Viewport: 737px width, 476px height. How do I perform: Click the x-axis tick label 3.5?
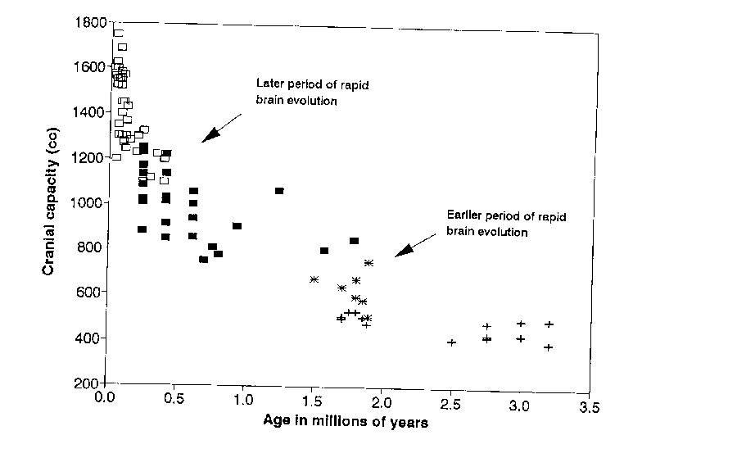point(588,406)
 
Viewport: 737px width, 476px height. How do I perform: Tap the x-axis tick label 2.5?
point(450,405)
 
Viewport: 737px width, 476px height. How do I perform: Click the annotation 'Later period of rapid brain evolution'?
point(297,92)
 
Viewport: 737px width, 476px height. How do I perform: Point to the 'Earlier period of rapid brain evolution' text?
point(506,224)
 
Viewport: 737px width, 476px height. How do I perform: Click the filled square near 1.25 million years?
point(279,191)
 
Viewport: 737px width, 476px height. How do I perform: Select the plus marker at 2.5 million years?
point(451,342)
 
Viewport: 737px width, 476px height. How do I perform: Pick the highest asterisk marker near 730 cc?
point(368,263)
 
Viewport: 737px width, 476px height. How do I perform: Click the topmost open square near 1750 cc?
point(118,34)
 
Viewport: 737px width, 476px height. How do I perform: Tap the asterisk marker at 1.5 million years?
point(314,279)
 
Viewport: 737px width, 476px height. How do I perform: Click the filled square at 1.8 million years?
point(354,241)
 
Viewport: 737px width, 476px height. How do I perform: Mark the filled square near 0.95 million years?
point(237,226)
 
